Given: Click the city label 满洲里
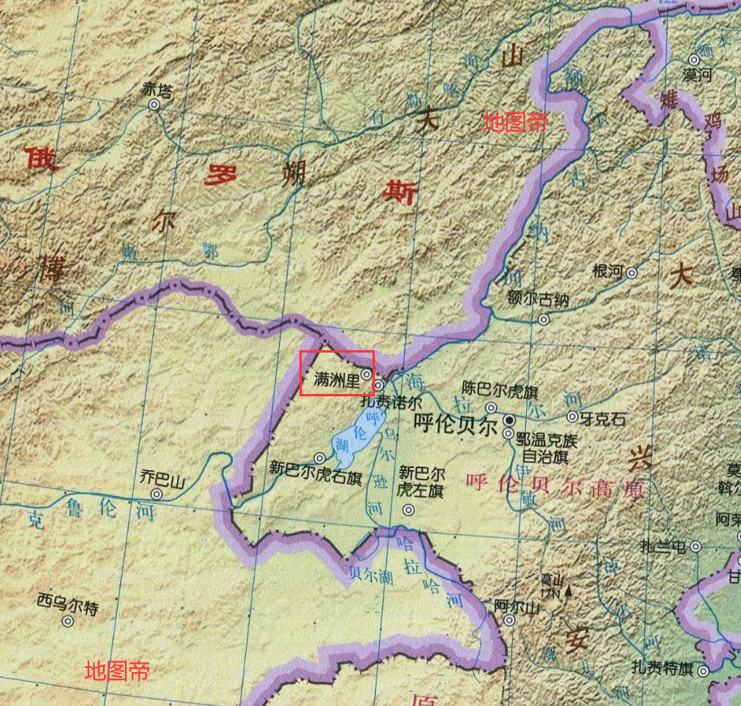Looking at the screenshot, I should pos(336,377).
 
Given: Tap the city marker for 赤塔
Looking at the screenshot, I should pos(154,105).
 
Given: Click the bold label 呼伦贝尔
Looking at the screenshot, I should pos(455,425).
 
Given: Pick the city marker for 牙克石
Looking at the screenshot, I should pos(572,418).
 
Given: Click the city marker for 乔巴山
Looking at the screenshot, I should pos(157,493).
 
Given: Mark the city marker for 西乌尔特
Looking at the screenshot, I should pos(67,621).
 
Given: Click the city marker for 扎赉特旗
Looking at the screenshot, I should pos(703,670).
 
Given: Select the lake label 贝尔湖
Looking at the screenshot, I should pos(369,572).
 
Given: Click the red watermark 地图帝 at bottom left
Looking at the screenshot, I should pos(117,670).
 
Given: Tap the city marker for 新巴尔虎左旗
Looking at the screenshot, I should pos(408,510).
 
